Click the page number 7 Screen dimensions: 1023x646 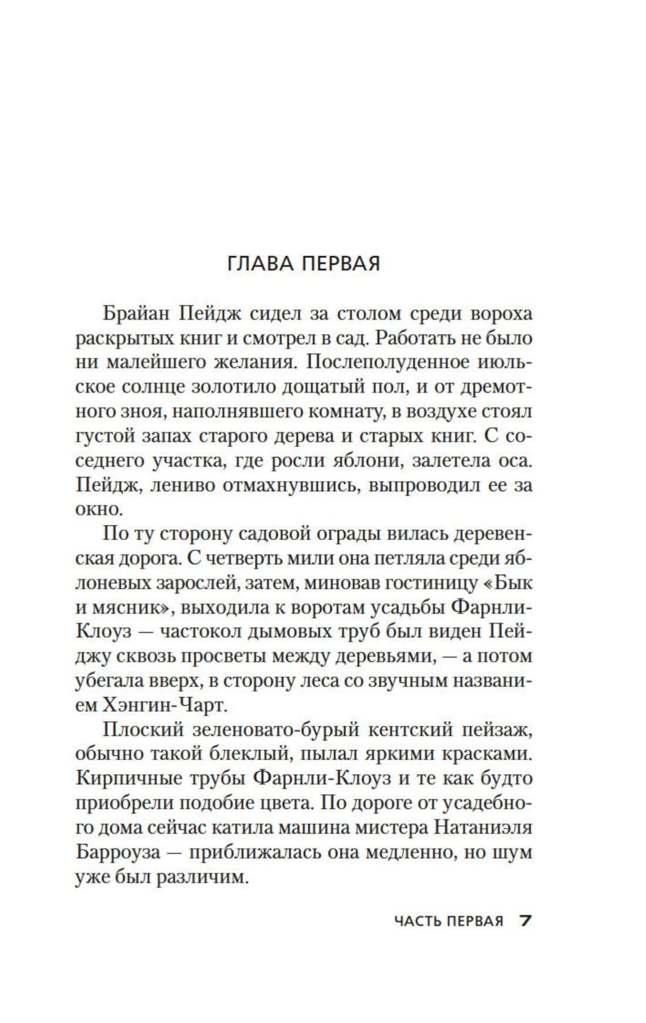click(x=525, y=920)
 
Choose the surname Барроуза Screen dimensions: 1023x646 click(x=118, y=853)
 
